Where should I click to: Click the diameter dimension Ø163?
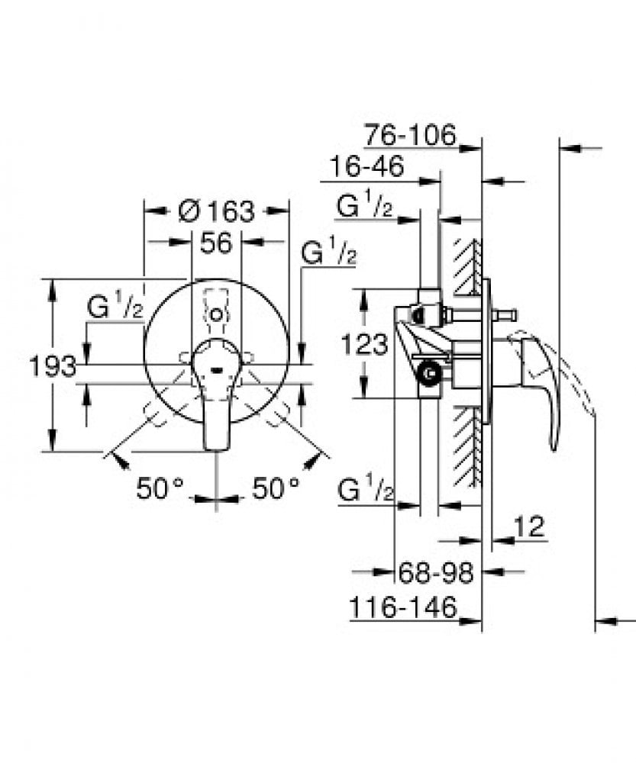click(x=216, y=210)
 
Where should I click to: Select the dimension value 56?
click(x=215, y=243)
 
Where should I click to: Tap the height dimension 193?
click(x=52, y=366)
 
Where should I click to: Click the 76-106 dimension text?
click(x=409, y=136)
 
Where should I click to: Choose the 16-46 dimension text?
click(x=366, y=167)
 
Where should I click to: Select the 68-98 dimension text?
click(x=436, y=571)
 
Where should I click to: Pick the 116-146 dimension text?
click(x=403, y=608)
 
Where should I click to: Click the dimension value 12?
click(x=528, y=526)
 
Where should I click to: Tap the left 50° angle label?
click(x=160, y=488)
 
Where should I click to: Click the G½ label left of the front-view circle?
click(x=115, y=307)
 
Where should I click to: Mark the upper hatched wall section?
click(x=466, y=267)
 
